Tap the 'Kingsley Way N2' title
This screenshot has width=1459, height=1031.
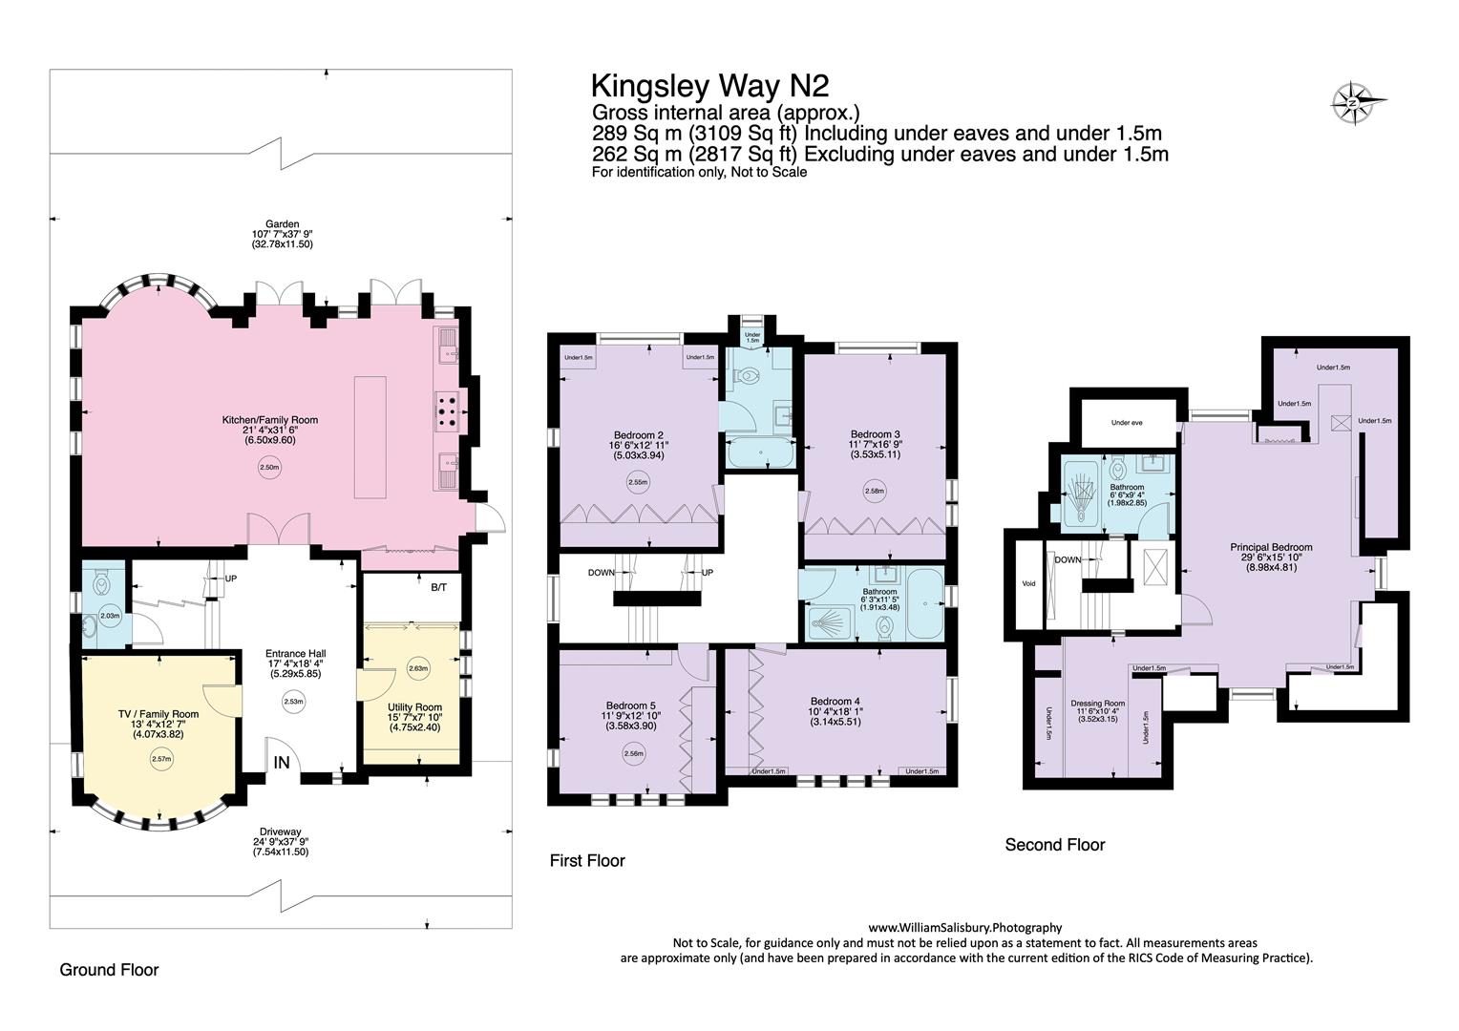click(710, 86)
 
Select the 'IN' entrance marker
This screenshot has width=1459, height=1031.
click(282, 762)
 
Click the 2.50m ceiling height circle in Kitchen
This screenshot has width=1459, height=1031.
click(269, 467)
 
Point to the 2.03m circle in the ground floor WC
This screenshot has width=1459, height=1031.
click(110, 616)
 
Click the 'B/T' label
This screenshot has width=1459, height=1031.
click(438, 587)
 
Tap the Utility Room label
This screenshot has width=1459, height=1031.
click(415, 706)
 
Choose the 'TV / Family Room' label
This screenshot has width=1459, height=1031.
click(159, 714)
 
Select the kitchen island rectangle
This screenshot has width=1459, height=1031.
click(370, 437)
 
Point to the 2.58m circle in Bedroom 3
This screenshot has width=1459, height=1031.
click(875, 491)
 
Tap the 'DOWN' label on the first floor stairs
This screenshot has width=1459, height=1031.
click(601, 573)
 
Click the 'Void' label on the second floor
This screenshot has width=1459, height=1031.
click(1028, 583)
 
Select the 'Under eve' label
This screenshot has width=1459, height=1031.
click(1127, 423)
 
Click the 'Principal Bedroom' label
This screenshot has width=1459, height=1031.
click(1271, 547)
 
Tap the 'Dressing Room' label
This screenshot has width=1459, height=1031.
click(1097, 704)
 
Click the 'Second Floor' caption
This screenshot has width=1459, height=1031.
click(1054, 845)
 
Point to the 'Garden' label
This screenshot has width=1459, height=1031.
click(282, 224)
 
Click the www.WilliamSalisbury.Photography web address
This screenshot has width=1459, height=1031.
click(965, 928)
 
